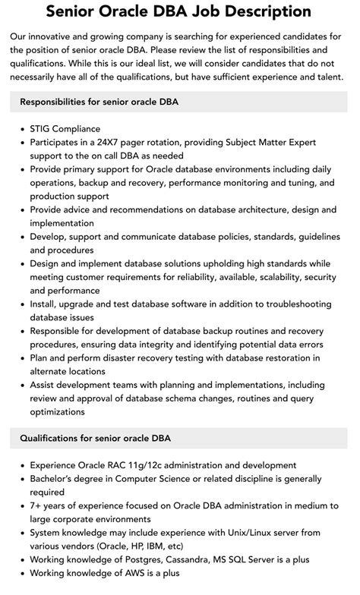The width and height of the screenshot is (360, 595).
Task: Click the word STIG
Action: tap(43, 129)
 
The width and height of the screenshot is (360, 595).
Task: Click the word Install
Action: tap(45, 305)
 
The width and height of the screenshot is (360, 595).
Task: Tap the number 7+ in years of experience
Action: tap(37, 507)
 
